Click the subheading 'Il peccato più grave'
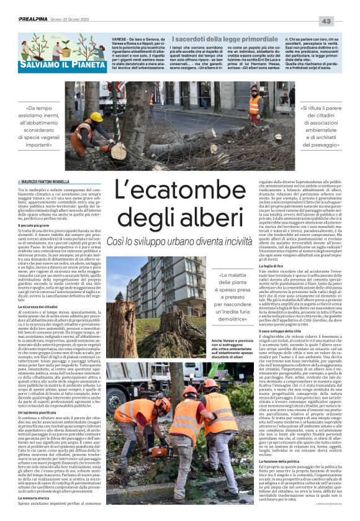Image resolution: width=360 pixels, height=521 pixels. click(34, 226)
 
